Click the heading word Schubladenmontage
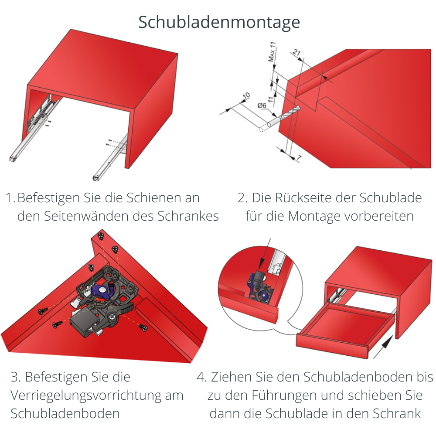pos(219,22)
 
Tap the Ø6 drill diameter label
pos(262,106)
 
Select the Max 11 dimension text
pos(272,53)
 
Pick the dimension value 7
pos(299,158)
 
